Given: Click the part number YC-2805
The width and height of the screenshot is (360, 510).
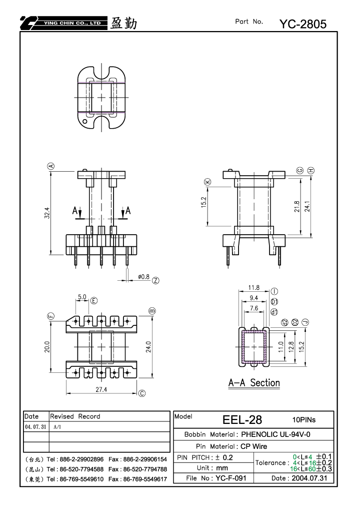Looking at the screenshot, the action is point(303,24).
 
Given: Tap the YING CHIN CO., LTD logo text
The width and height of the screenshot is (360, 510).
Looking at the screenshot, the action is point(72,23).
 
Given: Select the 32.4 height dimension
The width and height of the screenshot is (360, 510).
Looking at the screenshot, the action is point(47,213).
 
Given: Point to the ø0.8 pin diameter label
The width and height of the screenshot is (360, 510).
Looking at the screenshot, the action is point(143,277).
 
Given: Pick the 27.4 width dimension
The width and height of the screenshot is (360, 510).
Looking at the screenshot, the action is point(101,389).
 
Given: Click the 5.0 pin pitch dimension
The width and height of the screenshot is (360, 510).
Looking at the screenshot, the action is point(82,297).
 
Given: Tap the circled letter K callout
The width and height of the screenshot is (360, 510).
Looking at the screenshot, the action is point(207,182).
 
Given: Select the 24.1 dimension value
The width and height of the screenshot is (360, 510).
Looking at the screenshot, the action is point(307,206).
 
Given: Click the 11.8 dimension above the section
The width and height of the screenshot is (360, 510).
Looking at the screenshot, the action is point(254,287).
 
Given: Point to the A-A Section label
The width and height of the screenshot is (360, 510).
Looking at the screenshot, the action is point(254,383).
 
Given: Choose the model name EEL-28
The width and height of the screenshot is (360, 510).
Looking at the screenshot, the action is point(242,420).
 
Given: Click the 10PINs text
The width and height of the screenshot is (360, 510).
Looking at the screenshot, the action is point(304,420).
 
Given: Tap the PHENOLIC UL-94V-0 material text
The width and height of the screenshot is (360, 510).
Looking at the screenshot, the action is point(275,434).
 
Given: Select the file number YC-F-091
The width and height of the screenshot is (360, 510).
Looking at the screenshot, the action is point(231,478).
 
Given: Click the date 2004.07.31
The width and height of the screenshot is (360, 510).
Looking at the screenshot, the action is point(309,478).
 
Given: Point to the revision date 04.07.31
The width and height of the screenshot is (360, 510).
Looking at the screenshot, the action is point(35,427).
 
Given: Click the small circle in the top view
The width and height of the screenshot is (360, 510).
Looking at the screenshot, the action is point(85,122).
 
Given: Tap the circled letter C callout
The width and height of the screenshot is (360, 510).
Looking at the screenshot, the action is point(142,393).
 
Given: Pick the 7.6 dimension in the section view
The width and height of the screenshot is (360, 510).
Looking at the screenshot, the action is point(254,308).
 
